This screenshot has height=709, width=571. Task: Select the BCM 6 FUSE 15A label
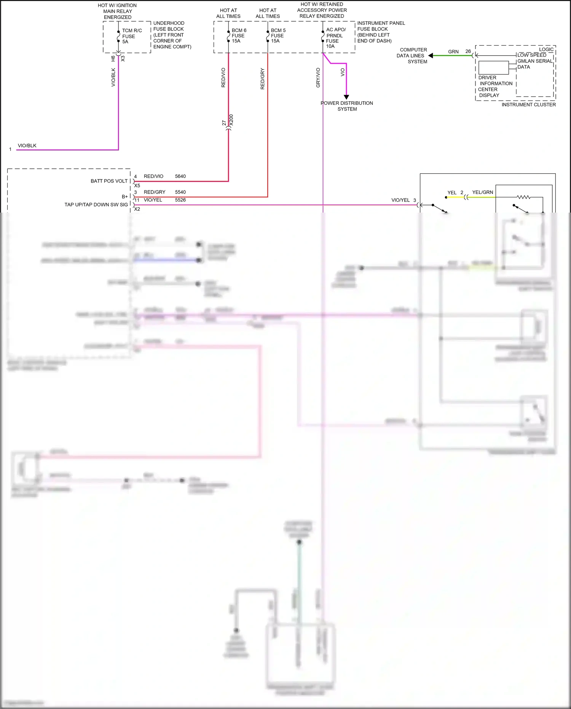point(239,35)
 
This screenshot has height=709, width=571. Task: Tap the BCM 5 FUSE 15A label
point(278,35)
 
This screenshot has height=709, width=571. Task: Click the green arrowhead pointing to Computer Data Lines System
point(431,56)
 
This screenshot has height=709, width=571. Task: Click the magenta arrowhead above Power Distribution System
point(346,97)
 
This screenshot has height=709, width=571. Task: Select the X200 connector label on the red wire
point(231,120)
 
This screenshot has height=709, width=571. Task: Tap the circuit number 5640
point(180,176)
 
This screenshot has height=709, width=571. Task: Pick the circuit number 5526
point(180,200)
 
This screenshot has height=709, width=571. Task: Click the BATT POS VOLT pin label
point(109,181)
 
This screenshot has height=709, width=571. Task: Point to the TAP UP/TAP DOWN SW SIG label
point(96,205)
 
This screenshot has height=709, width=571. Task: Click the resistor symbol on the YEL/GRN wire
point(523,197)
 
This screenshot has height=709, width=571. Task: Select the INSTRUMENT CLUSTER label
point(528,104)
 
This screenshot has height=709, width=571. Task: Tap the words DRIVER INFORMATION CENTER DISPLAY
point(495,86)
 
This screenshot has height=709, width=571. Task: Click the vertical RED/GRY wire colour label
point(262,79)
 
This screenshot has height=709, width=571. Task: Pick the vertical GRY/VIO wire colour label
point(318,78)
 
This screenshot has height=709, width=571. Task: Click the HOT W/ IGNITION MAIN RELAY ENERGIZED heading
point(117,11)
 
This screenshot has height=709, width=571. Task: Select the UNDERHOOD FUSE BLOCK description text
point(172,35)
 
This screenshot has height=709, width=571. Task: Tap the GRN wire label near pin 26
point(453,51)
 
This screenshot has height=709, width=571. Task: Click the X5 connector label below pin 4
point(137,186)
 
